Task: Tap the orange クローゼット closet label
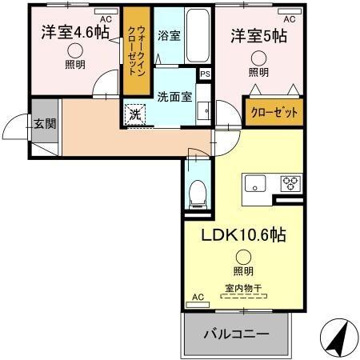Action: (274, 113)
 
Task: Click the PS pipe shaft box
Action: (206, 74)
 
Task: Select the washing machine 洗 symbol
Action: (135, 114)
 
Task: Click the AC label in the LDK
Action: (198, 298)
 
